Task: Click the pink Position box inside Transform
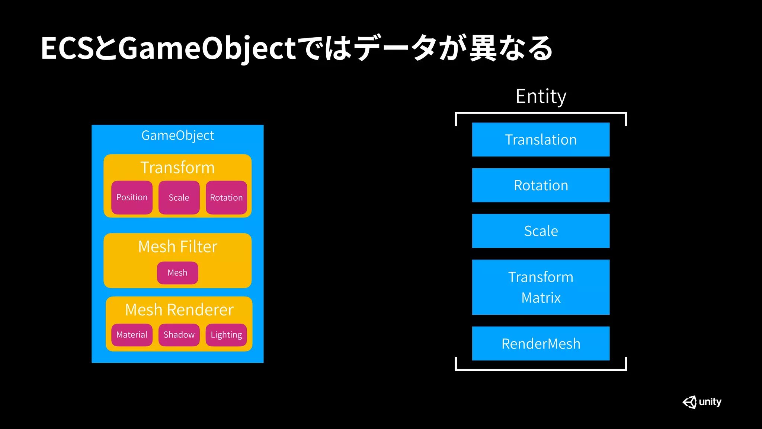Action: [132, 197]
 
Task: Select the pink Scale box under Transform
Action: [179, 197]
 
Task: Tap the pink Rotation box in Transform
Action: [226, 197]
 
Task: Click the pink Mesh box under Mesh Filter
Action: [177, 273]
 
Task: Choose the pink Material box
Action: [132, 334]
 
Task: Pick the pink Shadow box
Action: [179, 334]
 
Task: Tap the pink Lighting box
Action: [226, 334]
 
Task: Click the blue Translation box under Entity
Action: [541, 140]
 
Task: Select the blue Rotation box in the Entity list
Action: [541, 185]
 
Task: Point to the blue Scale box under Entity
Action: [541, 231]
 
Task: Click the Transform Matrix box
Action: [541, 287]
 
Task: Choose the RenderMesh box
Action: [541, 343]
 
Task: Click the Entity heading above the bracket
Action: [541, 96]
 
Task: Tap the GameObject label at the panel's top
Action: [177, 135]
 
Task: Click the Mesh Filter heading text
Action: [177, 247]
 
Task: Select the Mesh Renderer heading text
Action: [179, 309]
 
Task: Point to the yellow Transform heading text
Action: [177, 167]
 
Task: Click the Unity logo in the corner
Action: [702, 402]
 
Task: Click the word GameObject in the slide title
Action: [207, 48]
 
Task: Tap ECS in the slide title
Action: [67, 48]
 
